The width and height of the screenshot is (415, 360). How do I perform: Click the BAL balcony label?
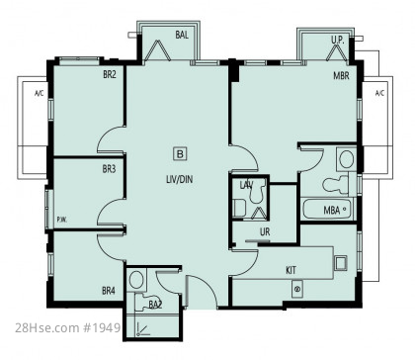pos(182,35)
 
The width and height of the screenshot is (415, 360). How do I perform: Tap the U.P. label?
pos(338,40)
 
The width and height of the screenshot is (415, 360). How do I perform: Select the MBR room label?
pos(341,75)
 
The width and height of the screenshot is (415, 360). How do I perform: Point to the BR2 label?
pos(110,74)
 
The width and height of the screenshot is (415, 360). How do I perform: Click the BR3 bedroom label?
pos(109,169)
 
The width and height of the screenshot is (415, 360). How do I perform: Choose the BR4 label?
pos(109,291)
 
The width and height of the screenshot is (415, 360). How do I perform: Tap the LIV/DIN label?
pos(179,179)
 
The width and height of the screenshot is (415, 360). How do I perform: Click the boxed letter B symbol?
pos(180,154)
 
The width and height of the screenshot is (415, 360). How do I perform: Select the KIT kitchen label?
pos(290,270)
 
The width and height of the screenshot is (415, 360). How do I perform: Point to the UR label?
pos(265,231)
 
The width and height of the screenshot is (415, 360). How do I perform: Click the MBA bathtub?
pos(327,209)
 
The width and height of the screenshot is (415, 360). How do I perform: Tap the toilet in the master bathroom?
pos(336,185)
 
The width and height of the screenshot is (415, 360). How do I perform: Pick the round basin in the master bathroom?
pos(347,159)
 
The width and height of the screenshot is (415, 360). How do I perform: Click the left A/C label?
pos(39,94)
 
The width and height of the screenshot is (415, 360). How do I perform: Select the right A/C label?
pos(379,93)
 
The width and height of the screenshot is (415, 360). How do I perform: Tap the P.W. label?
pos(62,220)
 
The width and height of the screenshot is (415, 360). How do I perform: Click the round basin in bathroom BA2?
pos(136,280)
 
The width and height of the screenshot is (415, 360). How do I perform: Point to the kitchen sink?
pos(297,290)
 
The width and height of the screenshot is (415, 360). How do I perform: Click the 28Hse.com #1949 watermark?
pos(67,327)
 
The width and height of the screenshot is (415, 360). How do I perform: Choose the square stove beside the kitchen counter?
pos(341,263)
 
